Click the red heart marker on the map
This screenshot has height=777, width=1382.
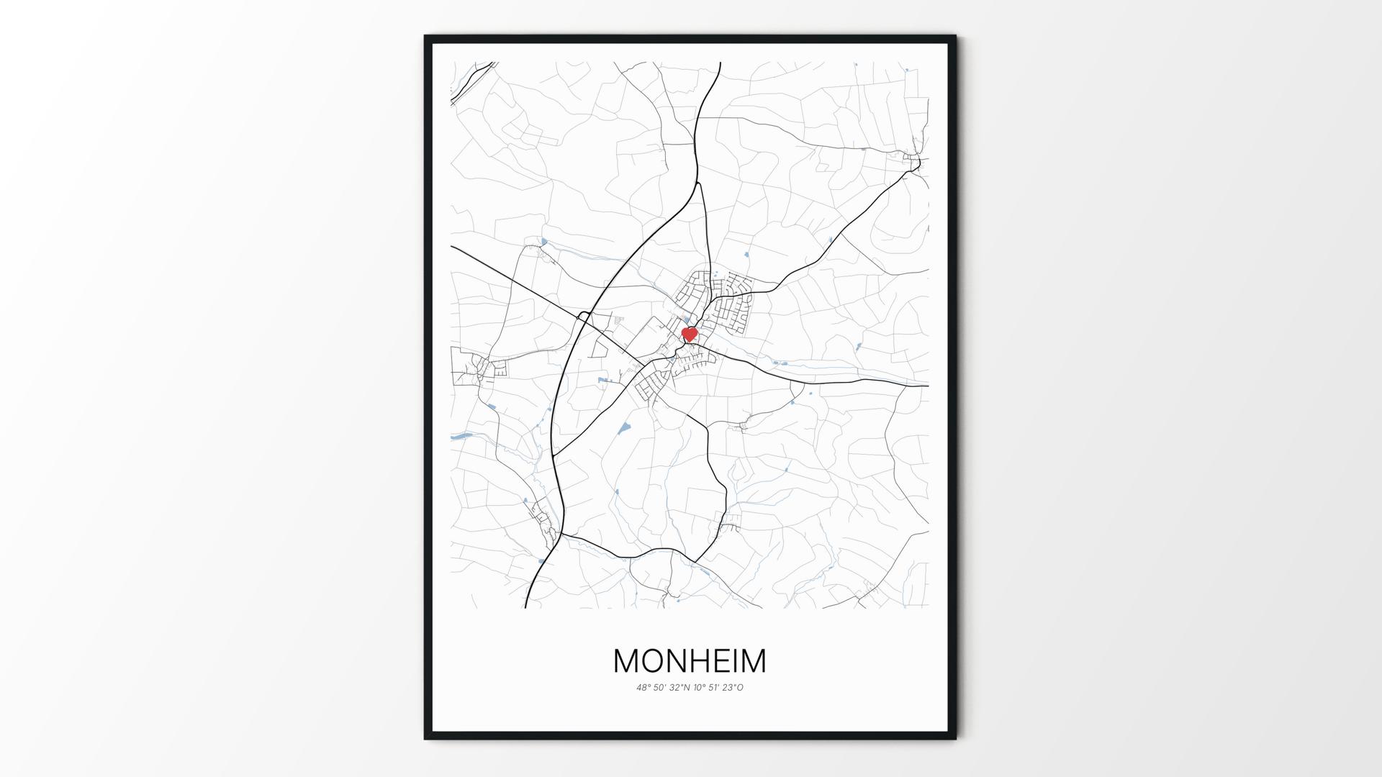(690, 335)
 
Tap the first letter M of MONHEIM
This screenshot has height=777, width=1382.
(625, 661)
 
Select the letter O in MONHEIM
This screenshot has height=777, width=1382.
(653, 661)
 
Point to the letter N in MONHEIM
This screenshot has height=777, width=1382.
(678, 661)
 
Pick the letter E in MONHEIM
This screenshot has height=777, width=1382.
(723, 661)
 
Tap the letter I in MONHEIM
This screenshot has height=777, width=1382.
(736, 661)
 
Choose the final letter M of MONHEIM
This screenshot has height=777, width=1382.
(754, 661)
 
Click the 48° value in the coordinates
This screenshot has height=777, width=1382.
(643, 688)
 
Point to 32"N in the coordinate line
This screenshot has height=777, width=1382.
(679, 688)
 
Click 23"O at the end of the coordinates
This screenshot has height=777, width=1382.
(734, 688)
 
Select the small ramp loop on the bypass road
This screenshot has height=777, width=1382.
(584, 316)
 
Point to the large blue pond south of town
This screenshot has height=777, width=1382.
(623, 429)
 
